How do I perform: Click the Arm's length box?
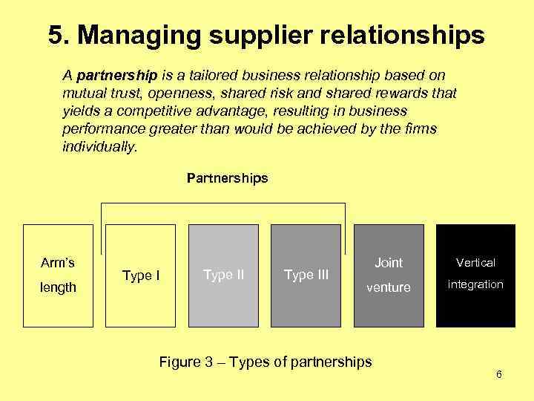[58, 276]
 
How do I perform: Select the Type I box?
[141, 276]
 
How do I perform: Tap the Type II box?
[224, 276]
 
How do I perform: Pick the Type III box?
[306, 276]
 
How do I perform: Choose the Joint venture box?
[389, 276]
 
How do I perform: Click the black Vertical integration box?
[475, 276]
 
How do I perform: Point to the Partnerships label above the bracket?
[227, 178]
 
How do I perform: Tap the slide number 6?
[499, 374]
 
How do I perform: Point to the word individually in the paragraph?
[99, 147]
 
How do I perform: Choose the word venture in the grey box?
[389, 287]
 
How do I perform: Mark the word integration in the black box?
[475, 284]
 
